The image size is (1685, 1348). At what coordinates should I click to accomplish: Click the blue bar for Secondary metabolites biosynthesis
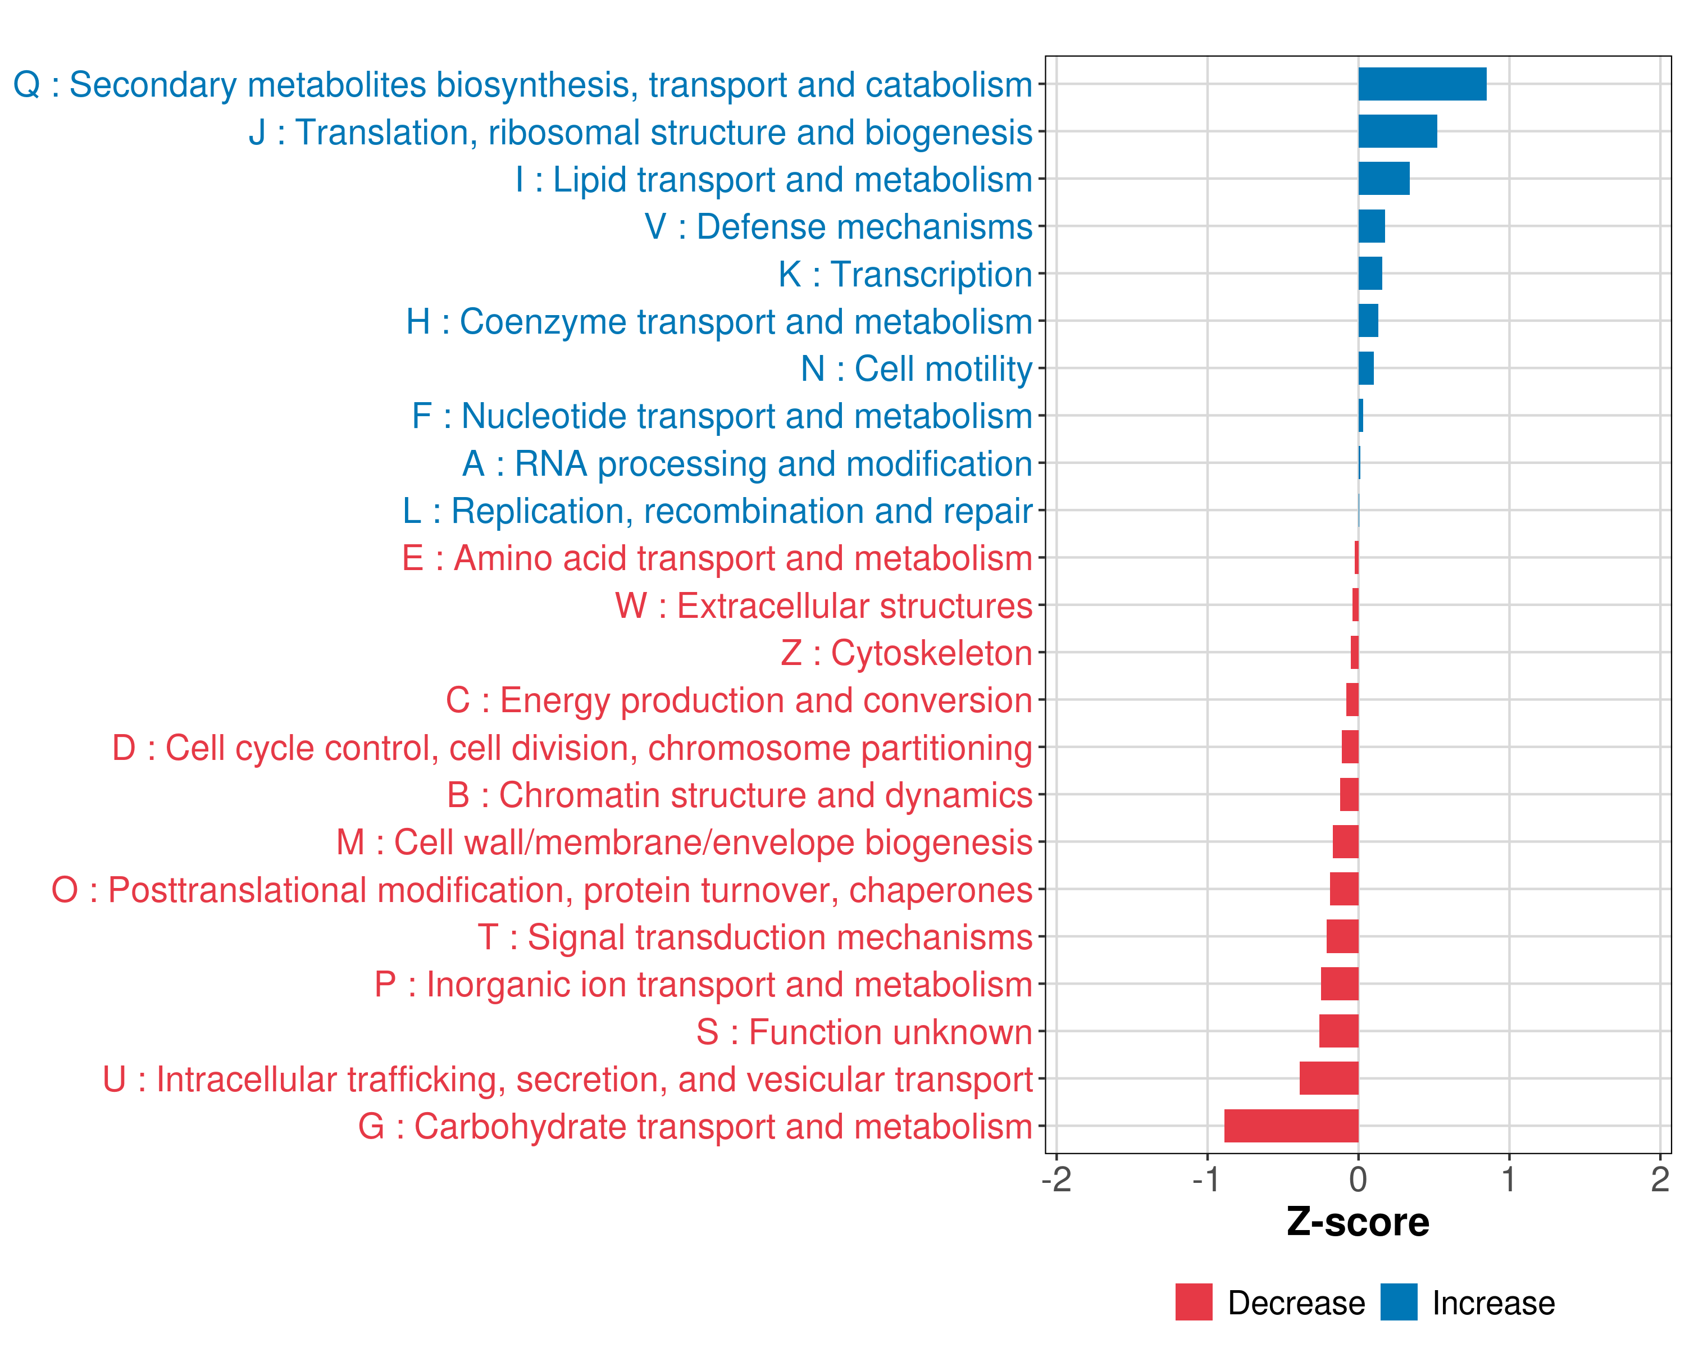pos(1422,84)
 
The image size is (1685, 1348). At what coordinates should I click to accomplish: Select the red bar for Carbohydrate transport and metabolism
pos(1291,1126)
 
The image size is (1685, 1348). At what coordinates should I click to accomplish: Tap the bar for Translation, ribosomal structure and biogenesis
pos(1397,131)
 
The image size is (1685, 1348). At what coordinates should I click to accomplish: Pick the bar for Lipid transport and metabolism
pos(1383,179)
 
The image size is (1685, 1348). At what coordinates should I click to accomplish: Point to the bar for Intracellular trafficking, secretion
pos(1328,1078)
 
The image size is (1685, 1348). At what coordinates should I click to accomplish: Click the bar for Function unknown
pos(1339,1032)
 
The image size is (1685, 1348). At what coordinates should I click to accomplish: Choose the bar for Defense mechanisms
pos(1372,226)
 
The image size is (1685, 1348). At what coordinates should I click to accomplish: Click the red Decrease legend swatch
pos(1194,1303)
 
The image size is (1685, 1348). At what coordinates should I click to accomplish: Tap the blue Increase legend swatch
pos(1398,1303)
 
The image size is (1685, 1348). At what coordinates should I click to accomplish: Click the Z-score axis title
pos(1358,1222)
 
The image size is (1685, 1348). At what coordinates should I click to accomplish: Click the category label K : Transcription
pos(905,274)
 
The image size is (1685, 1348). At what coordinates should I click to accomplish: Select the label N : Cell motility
pos(916,369)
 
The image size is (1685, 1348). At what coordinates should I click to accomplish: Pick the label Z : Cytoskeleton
pos(907,653)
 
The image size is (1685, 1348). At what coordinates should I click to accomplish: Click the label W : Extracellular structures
pos(824,605)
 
